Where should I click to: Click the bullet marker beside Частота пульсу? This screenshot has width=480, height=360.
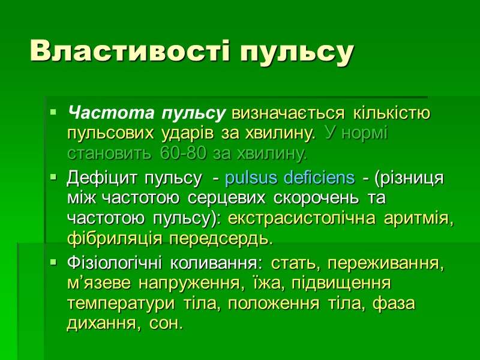54,112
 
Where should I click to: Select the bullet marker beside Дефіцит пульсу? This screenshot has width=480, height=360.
54,178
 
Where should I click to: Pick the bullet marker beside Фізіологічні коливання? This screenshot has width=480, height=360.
54,262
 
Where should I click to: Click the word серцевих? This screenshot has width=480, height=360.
220,199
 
